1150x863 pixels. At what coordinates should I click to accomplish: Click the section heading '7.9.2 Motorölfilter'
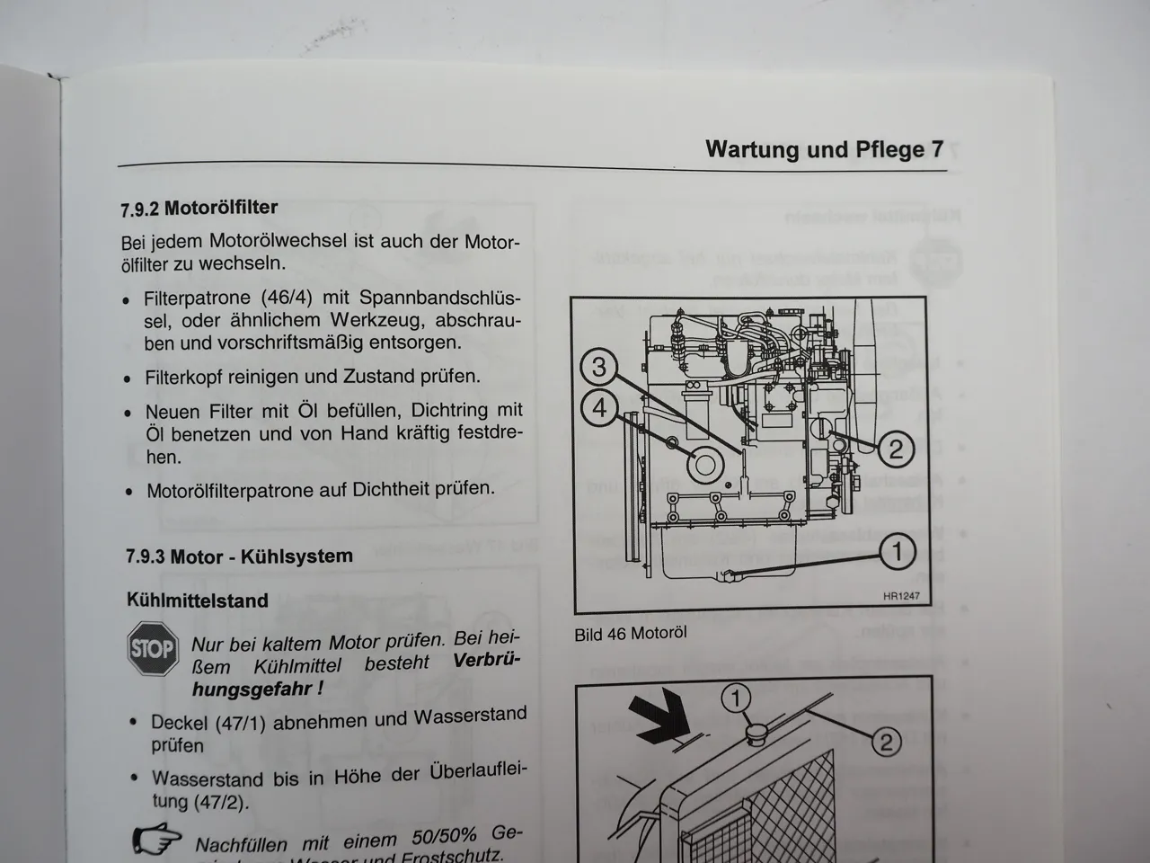[x=199, y=209]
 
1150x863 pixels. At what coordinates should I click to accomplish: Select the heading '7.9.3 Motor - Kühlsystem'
[x=239, y=556]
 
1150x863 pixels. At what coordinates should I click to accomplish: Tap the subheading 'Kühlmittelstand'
[x=198, y=601]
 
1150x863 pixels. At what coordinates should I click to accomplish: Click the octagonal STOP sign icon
[x=153, y=648]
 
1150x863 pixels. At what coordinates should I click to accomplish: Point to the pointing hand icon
[x=158, y=840]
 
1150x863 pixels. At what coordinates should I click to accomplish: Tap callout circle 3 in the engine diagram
[x=599, y=367]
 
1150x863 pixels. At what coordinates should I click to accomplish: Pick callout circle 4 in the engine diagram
[x=599, y=408]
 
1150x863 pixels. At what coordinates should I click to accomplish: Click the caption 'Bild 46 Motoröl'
[x=630, y=633]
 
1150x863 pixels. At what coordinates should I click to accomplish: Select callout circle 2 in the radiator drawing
[x=884, y=741]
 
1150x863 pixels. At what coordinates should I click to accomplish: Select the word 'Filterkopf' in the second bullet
[x=187, y=377]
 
